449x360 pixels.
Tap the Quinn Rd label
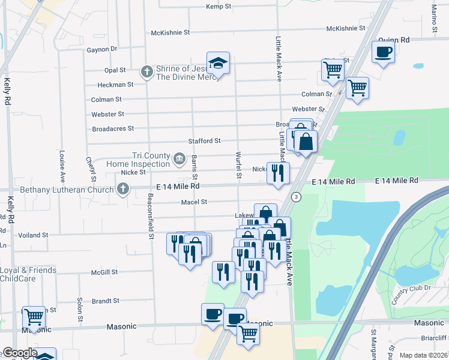coord(397,40)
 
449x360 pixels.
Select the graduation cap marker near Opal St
coord(218,63)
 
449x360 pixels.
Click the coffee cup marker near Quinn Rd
coord(383,52)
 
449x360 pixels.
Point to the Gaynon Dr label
coord(101,49)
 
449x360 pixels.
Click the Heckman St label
coord(115,85)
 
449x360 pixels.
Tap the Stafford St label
coord(204,141)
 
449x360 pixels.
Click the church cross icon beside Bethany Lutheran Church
coord(122,190)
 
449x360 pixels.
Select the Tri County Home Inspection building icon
coord(179,159)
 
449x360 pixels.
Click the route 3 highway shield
coord(296,197)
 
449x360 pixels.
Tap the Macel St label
coord(194,202)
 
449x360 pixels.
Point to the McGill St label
coord(104,272)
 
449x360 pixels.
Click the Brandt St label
coord(106,301)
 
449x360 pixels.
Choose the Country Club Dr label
coord(411,295)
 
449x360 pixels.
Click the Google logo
coord(19,353)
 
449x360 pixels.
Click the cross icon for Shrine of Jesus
coord(146,72)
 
